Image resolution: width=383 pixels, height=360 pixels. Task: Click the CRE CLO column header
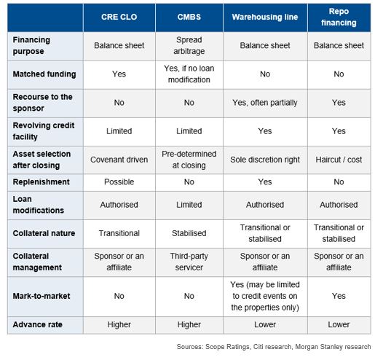coord(119,17)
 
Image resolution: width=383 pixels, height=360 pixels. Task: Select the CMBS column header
coord(189,17)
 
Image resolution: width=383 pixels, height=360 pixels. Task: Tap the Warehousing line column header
coord(265,17)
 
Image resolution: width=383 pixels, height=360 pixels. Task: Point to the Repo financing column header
coord(339,17)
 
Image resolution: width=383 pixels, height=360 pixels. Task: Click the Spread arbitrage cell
coord(189,45)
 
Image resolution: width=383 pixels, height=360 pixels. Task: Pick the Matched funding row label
coord(44,74)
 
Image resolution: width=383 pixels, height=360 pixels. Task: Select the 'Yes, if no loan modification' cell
coord(189,74)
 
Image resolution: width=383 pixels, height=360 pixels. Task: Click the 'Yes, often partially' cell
coord(265,103)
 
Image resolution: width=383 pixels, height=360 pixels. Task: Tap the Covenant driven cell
coord(119,160)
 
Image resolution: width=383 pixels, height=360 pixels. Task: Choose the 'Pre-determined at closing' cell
coord(189,160)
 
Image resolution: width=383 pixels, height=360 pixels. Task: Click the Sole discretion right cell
coord(265,160)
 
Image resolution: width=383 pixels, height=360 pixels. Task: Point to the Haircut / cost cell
coord(339,160)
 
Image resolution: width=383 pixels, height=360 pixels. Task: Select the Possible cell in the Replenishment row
coord(119,182)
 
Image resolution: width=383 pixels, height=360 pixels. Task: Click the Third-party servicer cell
coord(189,262)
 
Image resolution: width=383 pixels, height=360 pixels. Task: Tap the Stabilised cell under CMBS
coord(189,233)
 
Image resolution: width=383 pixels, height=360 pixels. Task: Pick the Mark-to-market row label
coord(42,296)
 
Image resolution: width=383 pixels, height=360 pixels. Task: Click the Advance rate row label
coord(37,324)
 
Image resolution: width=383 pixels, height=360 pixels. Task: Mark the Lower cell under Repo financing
coord(339,324)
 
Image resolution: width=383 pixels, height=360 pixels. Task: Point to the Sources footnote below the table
coord(274,347)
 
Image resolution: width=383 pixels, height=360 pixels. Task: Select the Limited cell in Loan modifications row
coord(189,205)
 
